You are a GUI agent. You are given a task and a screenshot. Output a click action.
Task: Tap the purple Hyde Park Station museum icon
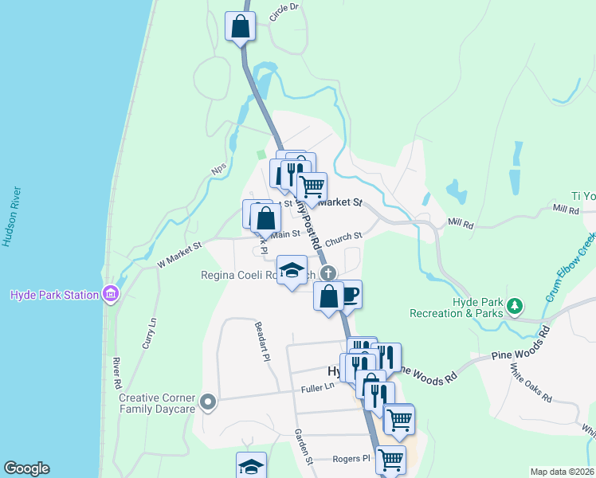click(111, 295)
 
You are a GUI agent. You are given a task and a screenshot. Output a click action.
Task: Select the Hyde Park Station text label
click(53, 295)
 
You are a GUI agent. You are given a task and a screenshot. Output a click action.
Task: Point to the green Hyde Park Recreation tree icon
click(516, 305)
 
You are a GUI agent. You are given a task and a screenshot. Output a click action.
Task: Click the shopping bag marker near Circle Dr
click(239, 28)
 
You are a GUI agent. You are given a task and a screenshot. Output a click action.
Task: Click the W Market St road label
click(180, 253)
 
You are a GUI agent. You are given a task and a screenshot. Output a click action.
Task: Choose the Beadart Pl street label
click(261, 341)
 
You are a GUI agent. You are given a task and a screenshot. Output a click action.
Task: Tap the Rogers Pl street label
click(353, 459)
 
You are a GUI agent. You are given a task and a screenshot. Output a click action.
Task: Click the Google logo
click(26, 468)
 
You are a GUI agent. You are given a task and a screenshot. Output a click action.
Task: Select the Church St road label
click(343, 236)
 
